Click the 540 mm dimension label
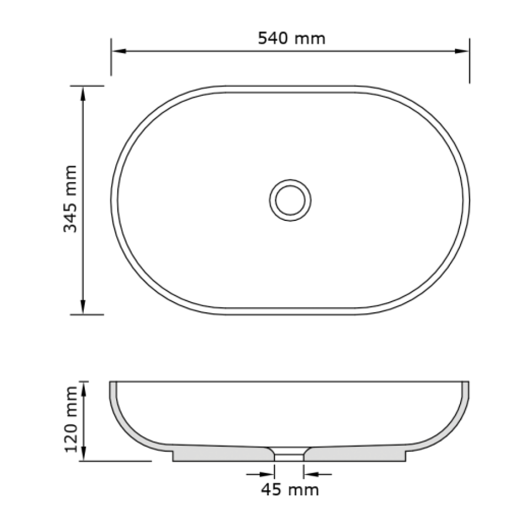pos(291,38)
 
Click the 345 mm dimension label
pos(71,199)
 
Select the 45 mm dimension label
pos(290,490)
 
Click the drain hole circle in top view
pos(290,200)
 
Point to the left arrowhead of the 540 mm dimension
pos(118,51)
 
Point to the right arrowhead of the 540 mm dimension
pos(462,51)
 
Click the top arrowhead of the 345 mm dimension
pos(83,93)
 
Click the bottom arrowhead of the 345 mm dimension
pos(83,307)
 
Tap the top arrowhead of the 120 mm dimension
pos(84,388)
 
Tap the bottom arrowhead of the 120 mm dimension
pos(84,454)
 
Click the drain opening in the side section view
pos(289,455)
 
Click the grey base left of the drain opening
pos(223,454)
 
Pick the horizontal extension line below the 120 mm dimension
pos(116,461)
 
